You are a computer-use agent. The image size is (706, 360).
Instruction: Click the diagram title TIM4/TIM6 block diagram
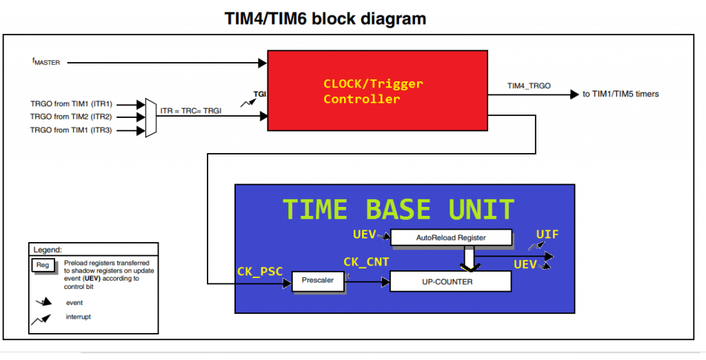pos(325,19)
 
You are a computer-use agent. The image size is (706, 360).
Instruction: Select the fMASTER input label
pos(46,62)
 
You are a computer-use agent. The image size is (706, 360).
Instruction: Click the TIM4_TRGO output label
pos(529,86)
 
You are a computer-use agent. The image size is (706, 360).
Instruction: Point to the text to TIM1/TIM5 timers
pos(621,94)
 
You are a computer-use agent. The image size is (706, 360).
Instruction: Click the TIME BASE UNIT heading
pos(399,210)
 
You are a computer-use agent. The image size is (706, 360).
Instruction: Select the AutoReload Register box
pos(451,238)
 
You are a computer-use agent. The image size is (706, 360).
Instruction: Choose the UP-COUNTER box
pos(451,281)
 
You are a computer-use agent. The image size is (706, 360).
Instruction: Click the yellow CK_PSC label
pos(260,270)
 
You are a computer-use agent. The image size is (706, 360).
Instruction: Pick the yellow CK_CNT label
pos(367,262)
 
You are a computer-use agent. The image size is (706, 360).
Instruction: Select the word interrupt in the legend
pos(79,317)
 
